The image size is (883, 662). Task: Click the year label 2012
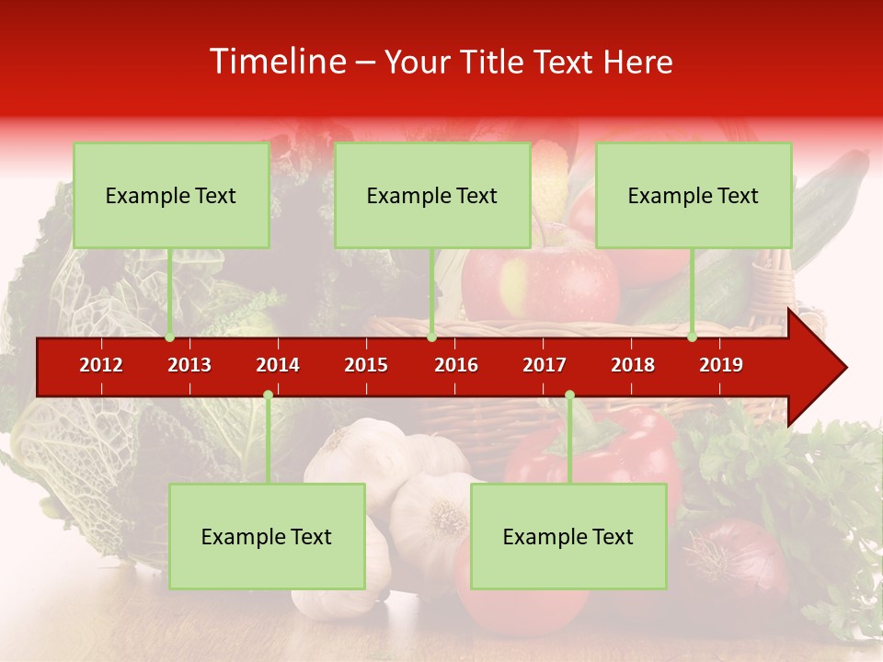(101, 365)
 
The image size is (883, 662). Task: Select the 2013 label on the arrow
(189, 365)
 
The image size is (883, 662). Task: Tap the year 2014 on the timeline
(278, 365)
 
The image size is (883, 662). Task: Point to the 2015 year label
(366, 365)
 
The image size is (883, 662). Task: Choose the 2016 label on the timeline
(456, 365)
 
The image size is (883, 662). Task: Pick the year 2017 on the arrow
(545, 365)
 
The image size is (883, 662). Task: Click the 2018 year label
(633, 365)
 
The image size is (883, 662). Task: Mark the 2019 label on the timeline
(721, 365)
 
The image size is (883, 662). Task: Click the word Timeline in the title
(276, 62)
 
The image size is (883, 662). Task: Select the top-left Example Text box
(171, 195)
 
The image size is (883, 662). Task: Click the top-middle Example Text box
(432, 195)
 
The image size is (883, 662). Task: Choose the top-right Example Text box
(694, 195)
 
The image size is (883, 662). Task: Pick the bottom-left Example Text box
(267, 536)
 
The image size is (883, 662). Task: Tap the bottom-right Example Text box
(568, 536)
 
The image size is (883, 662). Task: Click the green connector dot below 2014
(268, 395)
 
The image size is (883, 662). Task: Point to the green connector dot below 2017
(569, 395)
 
